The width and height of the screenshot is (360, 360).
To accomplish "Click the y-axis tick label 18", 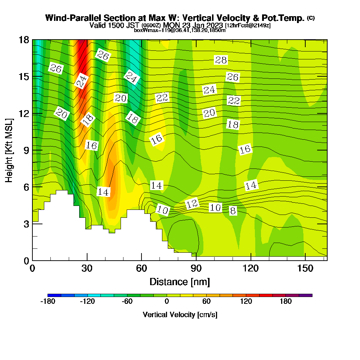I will click(x=23, y=40).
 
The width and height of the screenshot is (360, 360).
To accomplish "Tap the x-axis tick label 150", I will click(x=305, y=268).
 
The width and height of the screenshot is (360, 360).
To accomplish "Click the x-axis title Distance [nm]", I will click(x=180, y=282).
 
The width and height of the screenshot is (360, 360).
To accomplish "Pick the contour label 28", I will click(x=221, y=60).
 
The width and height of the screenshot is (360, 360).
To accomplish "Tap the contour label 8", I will click(x=233, y=211).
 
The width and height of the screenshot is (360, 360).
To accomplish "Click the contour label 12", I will click(x=192, y=204).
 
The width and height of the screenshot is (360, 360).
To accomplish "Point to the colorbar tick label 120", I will click(x=246, y=302).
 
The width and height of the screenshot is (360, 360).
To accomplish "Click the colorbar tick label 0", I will click(x=167, y=302).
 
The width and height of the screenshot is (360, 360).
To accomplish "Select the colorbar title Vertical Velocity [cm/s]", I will click(x=180, y=315).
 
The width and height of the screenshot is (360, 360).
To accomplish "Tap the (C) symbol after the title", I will click(x=311, y=18).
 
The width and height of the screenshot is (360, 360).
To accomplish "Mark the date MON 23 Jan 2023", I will click(x=193, y=25).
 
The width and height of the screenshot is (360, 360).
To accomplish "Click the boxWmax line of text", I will click(x=180, y=30).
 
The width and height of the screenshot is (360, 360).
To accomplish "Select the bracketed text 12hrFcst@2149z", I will click(x=248, y=26).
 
